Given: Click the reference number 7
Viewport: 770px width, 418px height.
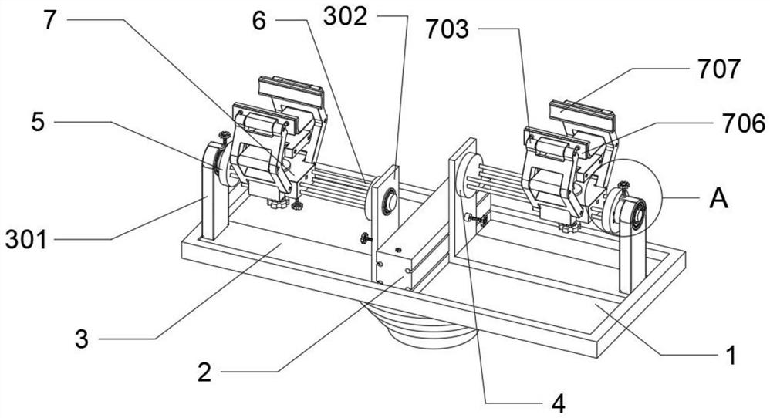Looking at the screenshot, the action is point(49,20).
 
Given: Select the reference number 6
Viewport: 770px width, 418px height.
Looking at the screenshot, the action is point(258,21).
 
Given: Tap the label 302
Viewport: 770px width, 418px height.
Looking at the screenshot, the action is point(345,17).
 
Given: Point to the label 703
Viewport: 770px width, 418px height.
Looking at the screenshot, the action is point(447,29).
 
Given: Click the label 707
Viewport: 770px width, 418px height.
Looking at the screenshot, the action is point(719,69).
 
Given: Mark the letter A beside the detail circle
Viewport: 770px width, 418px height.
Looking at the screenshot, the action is point(719,199).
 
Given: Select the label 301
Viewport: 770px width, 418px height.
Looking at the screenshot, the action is point(26,240).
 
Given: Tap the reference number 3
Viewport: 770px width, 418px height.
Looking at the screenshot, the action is point(82,339).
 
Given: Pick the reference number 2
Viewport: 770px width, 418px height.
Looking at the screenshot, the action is point(204,372).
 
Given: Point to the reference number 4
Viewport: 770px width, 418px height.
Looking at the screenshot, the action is point(558,404).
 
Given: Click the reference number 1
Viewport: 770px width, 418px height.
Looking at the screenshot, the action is point(731,356).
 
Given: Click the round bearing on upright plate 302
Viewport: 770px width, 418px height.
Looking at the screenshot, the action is point(390,201).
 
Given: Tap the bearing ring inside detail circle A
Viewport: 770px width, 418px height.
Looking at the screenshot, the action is point(637,214).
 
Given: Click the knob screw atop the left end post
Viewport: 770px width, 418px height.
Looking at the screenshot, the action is point(225,138).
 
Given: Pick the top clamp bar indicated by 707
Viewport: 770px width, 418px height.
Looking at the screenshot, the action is point(582,112).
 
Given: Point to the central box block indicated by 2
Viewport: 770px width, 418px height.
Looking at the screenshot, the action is point(393,265).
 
